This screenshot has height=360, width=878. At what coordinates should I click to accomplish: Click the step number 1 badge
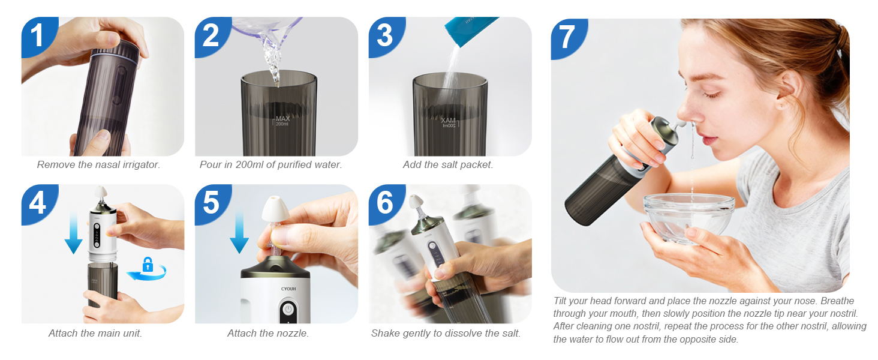pos(37,36)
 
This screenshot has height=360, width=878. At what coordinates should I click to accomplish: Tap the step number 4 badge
pos(37,203)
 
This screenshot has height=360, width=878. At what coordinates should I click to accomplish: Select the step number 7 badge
pos(567,37)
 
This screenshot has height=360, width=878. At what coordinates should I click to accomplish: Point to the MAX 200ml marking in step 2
pos(282,121)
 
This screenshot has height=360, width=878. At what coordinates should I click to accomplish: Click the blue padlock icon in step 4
pos(148,264)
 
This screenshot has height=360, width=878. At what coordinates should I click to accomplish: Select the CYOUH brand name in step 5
pos(288,289)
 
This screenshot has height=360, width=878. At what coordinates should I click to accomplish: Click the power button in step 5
pos(288,309)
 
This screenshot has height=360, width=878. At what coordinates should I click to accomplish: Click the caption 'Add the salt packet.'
pos(447,164)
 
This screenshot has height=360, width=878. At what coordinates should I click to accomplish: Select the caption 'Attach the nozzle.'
pos(267,333)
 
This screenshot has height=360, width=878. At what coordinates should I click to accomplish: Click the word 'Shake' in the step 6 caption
pos(386,333)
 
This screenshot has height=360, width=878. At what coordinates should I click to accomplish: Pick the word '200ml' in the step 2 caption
pos(258,164)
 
